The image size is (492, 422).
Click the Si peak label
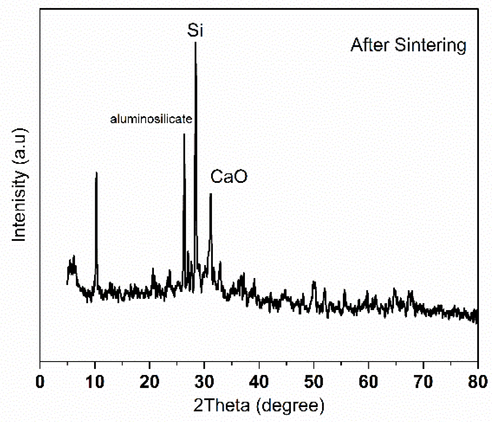pyautogui.click(x=195, y=31)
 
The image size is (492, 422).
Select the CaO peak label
pyautogui.click(x=229, y=176)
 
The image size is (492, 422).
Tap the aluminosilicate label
pyautogui.click(x=151, y=119)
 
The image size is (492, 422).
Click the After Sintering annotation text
pyautogui.click(x=408, y=45)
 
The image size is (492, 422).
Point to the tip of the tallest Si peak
pyautogui.click(x=195, y=42)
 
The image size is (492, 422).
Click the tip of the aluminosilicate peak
pyautogui.click(x=184, y=134)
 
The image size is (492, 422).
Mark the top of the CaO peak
pyautogui.click(x=210, y=194)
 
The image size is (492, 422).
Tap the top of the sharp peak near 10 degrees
pyautogui.click(x=96, y=173)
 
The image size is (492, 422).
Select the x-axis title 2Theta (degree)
pyautogui.click(x=259, y=405)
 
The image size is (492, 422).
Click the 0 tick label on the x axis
pyautogui.click(x=40, y=381)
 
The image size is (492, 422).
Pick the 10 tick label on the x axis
pyautogui.click(x=95, y=381)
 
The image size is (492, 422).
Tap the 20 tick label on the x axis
pyautogui.click(x=149, y=381)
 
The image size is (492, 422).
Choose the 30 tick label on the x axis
pyautogui.click(x=204, y=381)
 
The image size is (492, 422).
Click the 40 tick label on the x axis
pyautogui.click(x=259, y=381)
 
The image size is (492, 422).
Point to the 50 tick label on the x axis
pyautogui.click(x=314, y=381)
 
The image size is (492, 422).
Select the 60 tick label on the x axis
pyautogui.click(x=368, y=381)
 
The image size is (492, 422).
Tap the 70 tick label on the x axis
pyautogui.click(x=423, y=381)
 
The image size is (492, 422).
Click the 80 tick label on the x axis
pyautogui.click(x=478, y=381)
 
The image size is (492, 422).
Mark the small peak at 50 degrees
pyautogui.click(x=314, y=282)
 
